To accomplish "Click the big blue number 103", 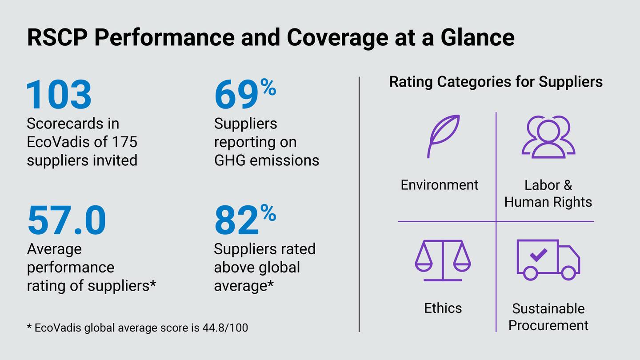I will (59, 95).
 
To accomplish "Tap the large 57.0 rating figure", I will (67, 220).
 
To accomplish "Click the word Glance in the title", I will (477, 37).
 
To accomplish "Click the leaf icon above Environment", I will (443, 136).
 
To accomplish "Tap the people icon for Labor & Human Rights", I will (548, 136).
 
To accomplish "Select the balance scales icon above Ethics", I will (443, 260).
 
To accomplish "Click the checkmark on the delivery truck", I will (538, 255).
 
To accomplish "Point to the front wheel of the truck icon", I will (568, 273).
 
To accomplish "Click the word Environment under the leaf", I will (440, 185).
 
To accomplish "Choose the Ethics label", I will (443, 308).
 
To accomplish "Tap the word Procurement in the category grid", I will (548, 325).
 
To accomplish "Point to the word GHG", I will (230, 160).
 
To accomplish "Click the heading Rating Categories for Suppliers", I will (496, 82).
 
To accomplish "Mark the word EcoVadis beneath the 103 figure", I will (60, 142).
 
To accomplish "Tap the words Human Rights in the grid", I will (548, 202).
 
